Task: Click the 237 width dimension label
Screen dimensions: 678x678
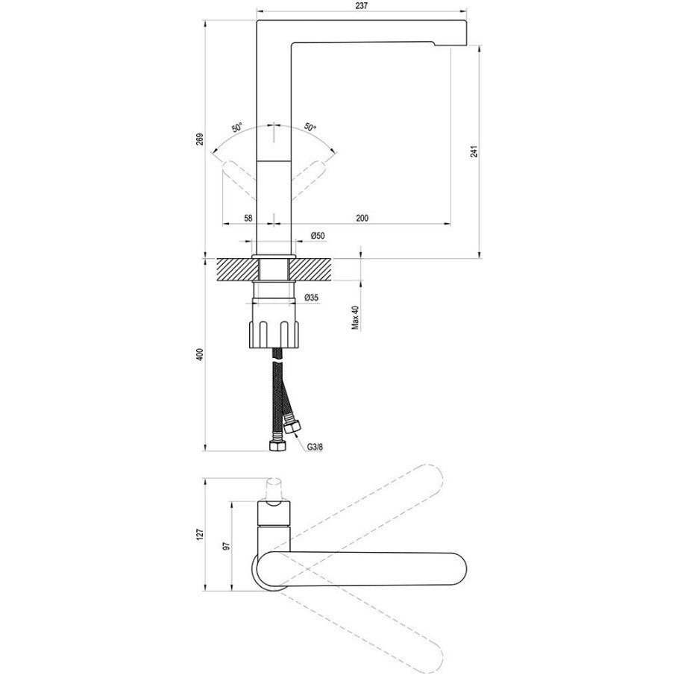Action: point(362,6)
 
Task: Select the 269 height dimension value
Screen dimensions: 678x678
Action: point(199,139)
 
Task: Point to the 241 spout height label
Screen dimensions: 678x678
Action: point(474,151)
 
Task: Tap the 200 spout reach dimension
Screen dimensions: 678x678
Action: point(362,218)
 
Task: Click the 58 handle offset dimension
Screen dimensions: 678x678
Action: point(248,218)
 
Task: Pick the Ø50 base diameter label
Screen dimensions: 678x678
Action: point(318,236)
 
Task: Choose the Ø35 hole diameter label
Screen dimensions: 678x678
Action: point(311,298)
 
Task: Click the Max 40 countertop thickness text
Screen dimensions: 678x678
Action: point(356,318)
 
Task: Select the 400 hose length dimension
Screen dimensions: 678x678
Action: point(199,354)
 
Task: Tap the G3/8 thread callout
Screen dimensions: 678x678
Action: point(316,447)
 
